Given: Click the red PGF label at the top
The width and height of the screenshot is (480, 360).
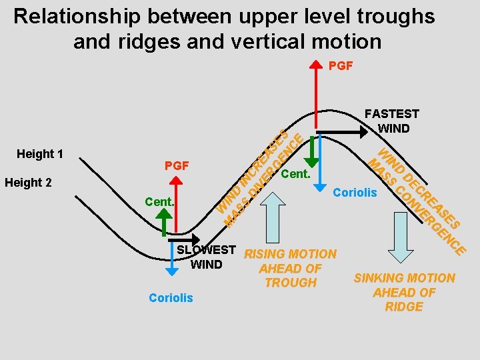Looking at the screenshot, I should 341,65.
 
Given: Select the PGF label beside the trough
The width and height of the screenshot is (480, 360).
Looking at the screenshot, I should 176,165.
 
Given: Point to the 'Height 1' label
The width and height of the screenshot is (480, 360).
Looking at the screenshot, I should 39,154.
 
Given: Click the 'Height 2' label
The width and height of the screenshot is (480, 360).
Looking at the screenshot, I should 29,183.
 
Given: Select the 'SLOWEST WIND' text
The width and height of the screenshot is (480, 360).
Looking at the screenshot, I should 206,257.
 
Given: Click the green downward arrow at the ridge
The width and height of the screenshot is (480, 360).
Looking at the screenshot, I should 311,153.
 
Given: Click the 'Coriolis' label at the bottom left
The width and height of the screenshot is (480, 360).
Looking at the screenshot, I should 171,298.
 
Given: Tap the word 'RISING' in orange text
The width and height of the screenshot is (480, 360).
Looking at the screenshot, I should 266,254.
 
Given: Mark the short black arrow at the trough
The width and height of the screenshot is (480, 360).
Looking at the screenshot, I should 181,235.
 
